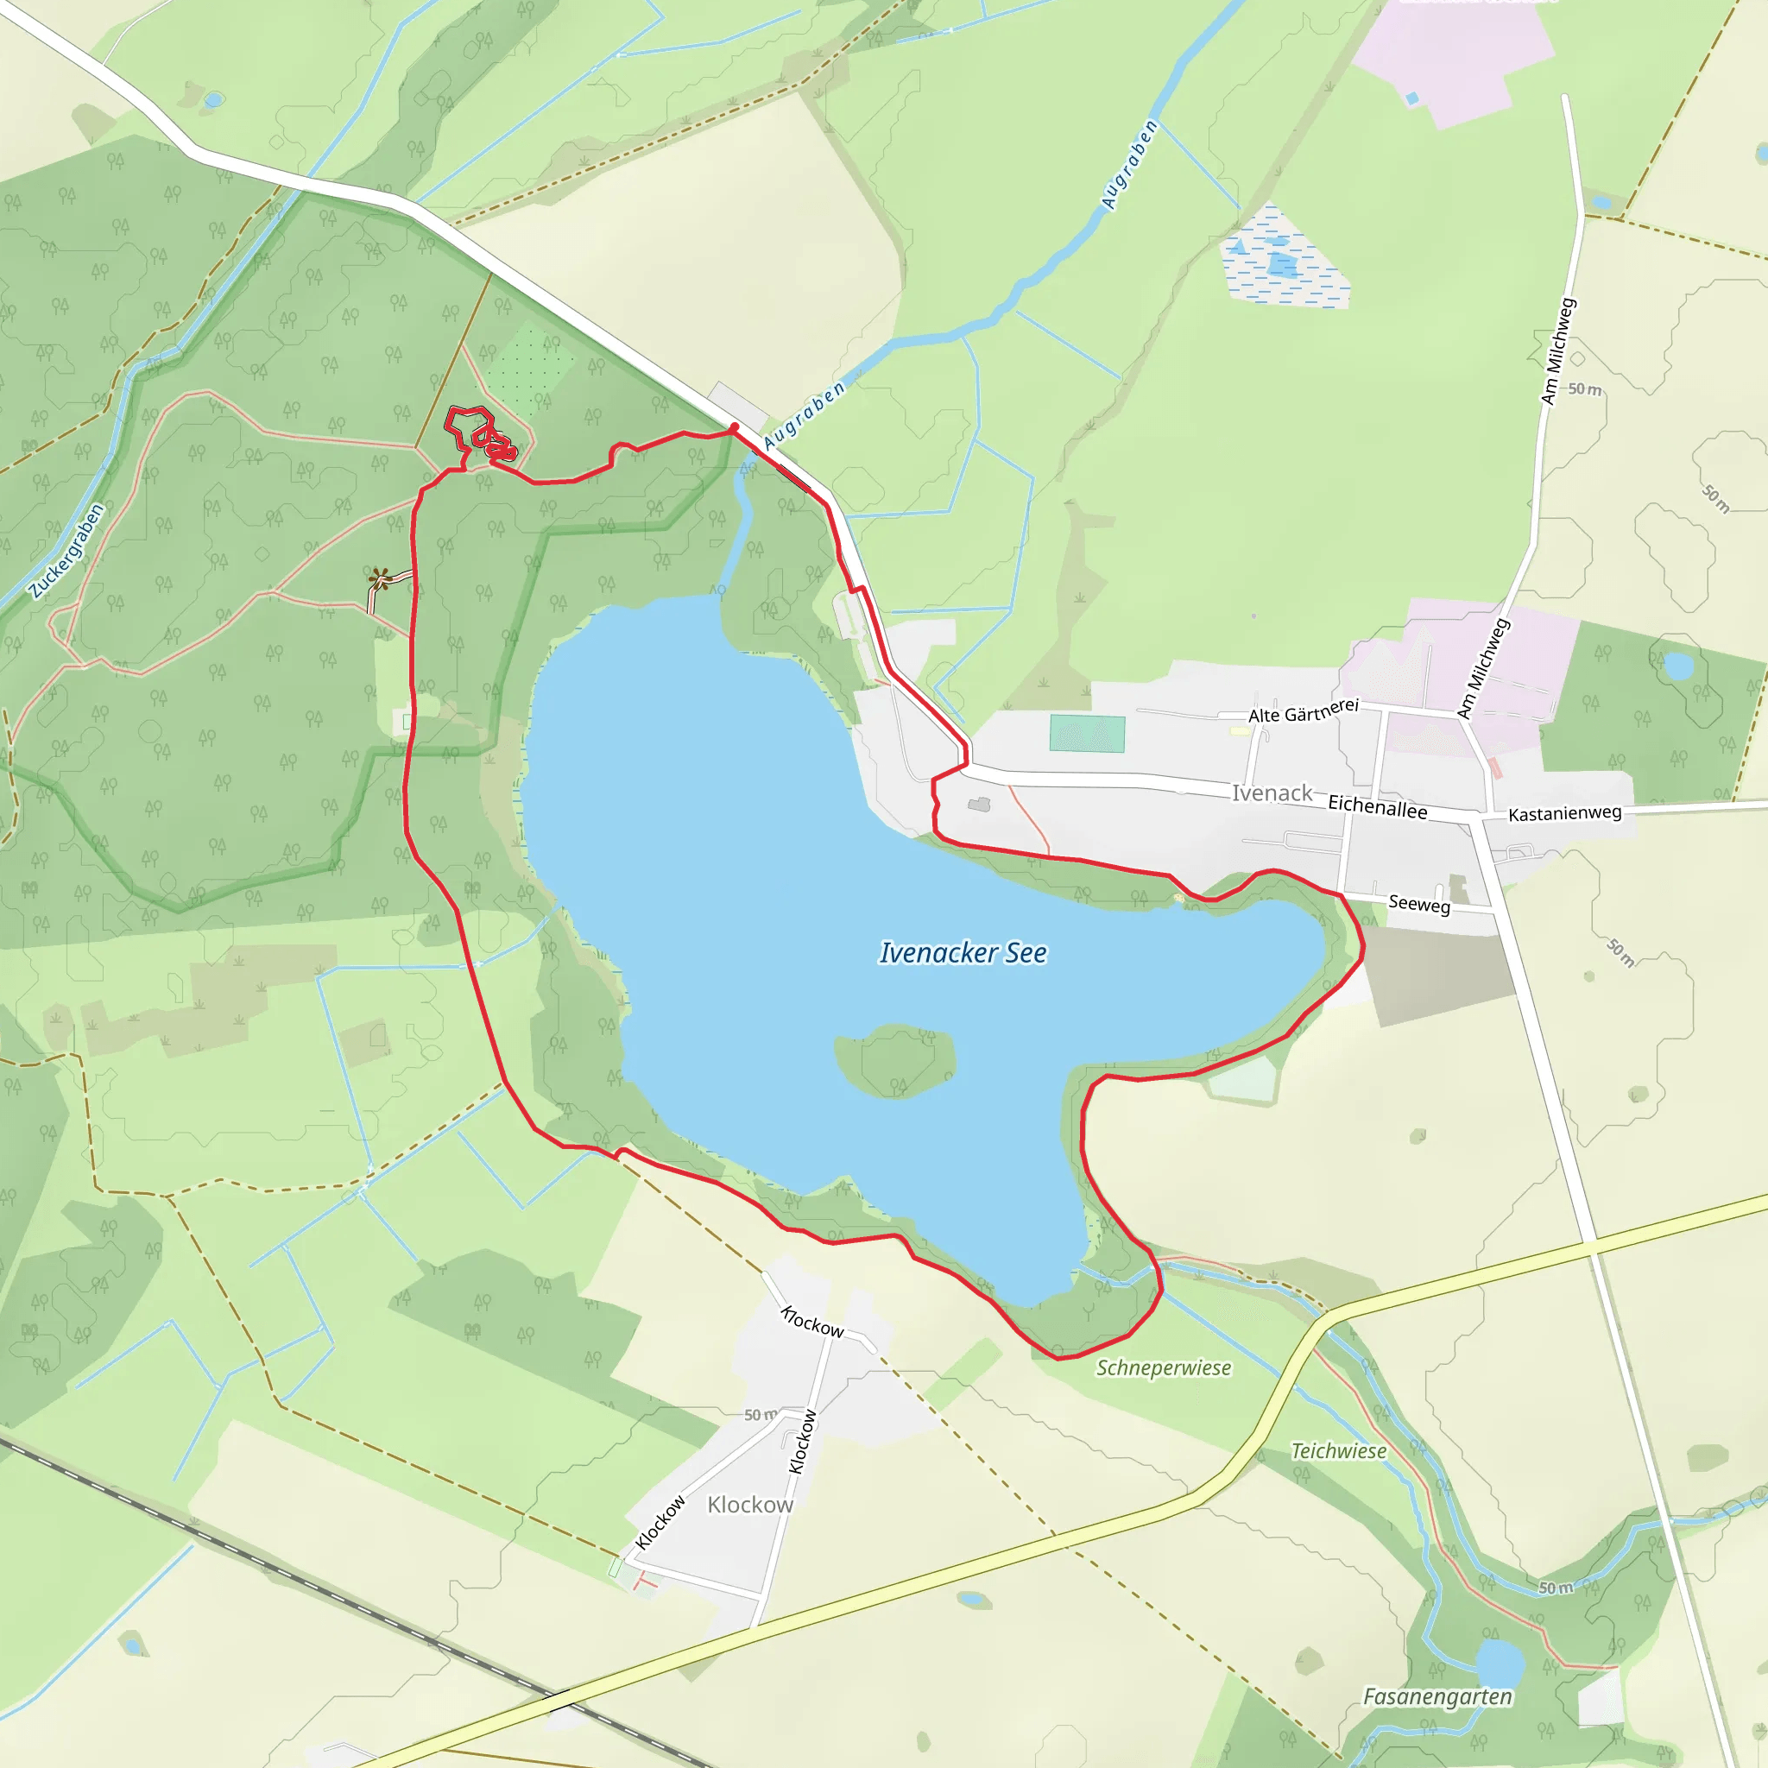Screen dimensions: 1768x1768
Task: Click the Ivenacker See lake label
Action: coord(963,953)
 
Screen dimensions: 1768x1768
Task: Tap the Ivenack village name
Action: coord(1271,792)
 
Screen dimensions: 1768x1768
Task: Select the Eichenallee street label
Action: coord(1377,806)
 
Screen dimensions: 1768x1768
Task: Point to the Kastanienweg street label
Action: coord(1565,812)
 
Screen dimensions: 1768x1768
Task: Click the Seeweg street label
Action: coord(1419,903)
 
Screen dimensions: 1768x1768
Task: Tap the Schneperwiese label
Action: coord(1164,1368)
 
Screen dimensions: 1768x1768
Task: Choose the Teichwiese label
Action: coord(1339,1451)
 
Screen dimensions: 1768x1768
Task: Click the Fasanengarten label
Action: coord(1437,1696)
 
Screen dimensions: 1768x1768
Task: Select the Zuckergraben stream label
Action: coord(66,551)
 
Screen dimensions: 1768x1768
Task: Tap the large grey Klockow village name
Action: coord(749,1506)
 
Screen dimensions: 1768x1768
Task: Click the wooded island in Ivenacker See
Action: coord(895,1061)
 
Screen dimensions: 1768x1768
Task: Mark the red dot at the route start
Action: coord(734,426)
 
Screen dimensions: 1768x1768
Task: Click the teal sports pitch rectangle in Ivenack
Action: coord(1087,733)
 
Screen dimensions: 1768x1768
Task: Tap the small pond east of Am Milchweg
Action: coord(1678,666)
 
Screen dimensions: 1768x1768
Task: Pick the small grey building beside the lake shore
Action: coord(979,805)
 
